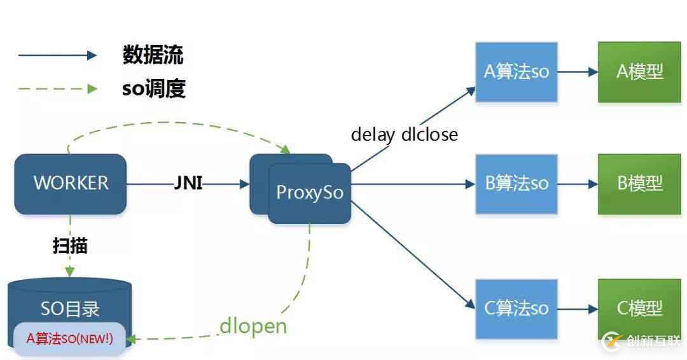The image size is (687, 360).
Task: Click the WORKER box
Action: coord(71,183)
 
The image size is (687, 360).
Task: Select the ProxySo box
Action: coord(310,193)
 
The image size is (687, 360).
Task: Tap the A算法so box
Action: coord(516,72)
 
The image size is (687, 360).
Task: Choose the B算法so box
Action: coord(516,184)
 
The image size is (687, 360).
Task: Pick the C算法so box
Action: coord(516,308)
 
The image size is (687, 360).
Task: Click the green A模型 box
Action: coord(639,72)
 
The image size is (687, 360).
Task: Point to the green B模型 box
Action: coord(639,184)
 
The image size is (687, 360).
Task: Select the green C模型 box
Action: coord(639,308)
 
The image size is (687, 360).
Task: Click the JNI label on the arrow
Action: coord(188,184)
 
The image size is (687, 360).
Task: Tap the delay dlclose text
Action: coord(404,134)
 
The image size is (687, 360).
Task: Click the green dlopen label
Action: coord(253,326)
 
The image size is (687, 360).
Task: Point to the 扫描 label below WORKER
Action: coord(70,246)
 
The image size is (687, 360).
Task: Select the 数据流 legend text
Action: coord(153,55)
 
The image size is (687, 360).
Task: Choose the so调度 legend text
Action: coord(153,88)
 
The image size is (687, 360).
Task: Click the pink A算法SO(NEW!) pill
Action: coord(69,338)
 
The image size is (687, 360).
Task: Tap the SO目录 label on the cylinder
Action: coord(70,309)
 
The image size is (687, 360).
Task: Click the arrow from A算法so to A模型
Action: coord(578,72)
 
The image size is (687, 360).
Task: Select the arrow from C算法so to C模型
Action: coord(578,309)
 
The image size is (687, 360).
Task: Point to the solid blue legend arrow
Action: coord(57,55)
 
